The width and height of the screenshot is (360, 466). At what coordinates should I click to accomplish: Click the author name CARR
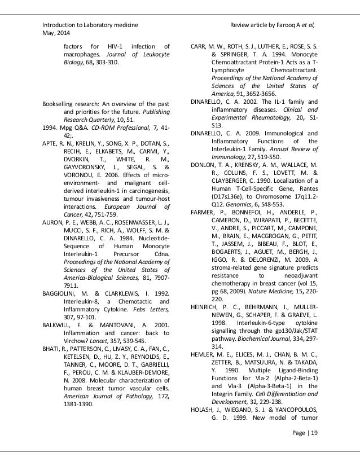click(x=201, y=45)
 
